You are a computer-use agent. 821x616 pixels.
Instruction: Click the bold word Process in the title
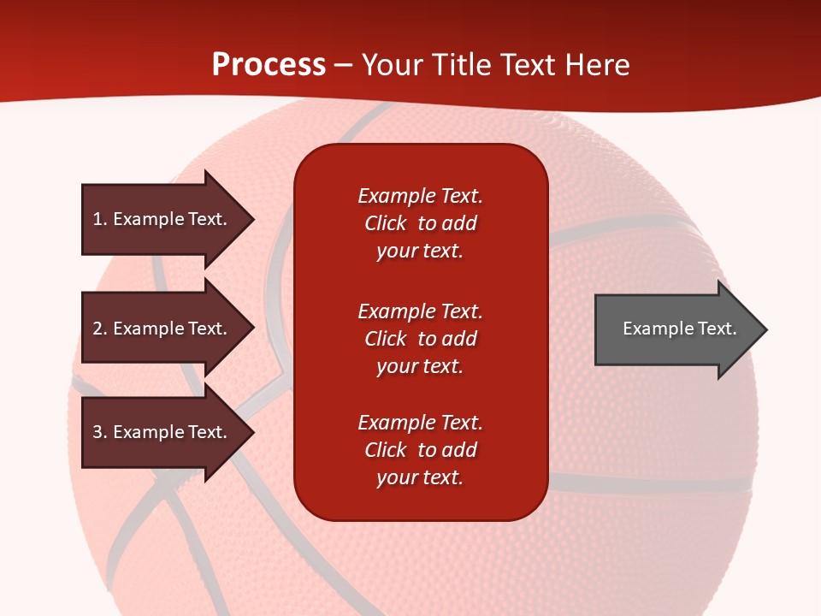pyautogui.click(x=269, y=65)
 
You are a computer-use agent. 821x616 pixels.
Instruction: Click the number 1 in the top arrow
pyautogui.click(x=97, y=219)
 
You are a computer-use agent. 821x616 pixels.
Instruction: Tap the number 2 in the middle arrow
pyautogui.click(x=97, y=329)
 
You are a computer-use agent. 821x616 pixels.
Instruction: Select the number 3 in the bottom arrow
pyautogui.click(x=97, y=432)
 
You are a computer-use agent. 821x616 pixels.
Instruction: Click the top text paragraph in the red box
pyautogui.click(x=420, y=223)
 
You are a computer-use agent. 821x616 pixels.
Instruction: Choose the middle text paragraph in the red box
pyautogui.click(x=420, y=339)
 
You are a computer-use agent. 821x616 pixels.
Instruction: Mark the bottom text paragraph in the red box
pyautogui.click(x=420, y=450)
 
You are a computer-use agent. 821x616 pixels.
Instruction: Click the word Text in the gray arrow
pyautogui.click(x=718, y=329)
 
